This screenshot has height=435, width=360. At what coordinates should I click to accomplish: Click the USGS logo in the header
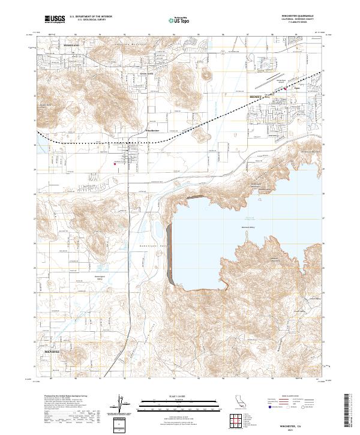(55, 20)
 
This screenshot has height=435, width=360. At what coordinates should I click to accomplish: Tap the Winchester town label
(152, 130)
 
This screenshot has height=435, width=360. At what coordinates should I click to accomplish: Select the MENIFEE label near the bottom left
(52, 351)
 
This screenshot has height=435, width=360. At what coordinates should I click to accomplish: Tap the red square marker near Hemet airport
(285, 90)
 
